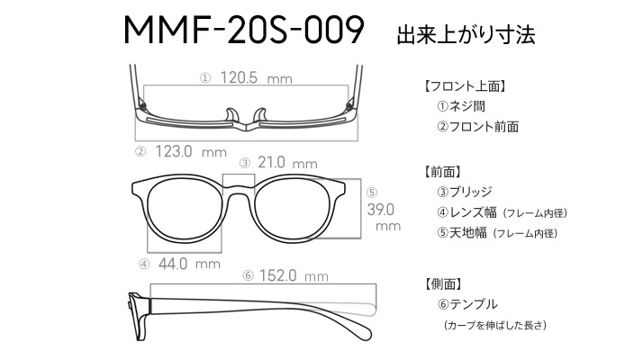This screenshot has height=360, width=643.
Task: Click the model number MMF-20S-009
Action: pos(244,30)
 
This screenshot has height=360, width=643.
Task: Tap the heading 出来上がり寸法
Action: pos(466,34)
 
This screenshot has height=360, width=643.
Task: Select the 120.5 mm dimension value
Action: pos(257,77)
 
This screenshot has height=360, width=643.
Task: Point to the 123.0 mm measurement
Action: pos(191,152)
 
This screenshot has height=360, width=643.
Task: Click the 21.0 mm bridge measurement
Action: pos(287,163)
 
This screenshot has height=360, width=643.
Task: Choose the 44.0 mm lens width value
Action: pos(189,264)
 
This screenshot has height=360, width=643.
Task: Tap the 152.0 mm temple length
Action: pos(294,275)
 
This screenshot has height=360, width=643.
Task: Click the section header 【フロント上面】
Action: pos(465,86)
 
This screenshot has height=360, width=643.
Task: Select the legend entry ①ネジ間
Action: pos(461,106)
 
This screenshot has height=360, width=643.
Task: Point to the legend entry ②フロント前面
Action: pos(477,127)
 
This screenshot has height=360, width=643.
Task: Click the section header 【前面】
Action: pos(442,172)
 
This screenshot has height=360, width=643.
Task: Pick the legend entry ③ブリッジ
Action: pos(465,192)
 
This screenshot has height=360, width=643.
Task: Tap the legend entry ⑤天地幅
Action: pos(462,233)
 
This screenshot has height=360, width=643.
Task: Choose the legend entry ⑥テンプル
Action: pos(467,304)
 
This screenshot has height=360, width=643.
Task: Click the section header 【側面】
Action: pos(442,283)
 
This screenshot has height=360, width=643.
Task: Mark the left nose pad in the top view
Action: pos(231,115)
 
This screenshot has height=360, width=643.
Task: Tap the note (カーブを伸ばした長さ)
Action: pos(494,325)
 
